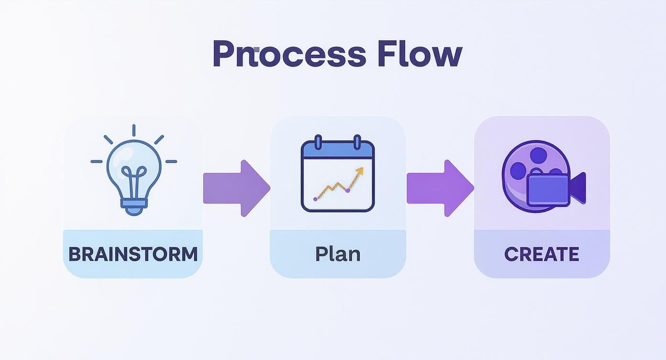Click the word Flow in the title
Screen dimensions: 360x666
[x=420, y=54]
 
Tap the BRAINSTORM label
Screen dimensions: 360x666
[x=133, y=254]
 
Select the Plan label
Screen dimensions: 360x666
[x=338, y=254]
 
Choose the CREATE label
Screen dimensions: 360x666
[x=542, y=254]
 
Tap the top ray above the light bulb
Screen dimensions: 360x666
[x=133, y=130]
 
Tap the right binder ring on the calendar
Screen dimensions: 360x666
[x=357, y=143]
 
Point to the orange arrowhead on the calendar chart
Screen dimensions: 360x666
[x=360, y=170]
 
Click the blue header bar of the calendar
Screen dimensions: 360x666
[x=338, y=151]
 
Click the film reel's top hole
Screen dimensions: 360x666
[x=539, y=155]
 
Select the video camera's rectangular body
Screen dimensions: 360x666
[x=548, y=190]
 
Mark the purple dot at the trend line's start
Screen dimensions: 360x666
[x=315, y=198]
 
